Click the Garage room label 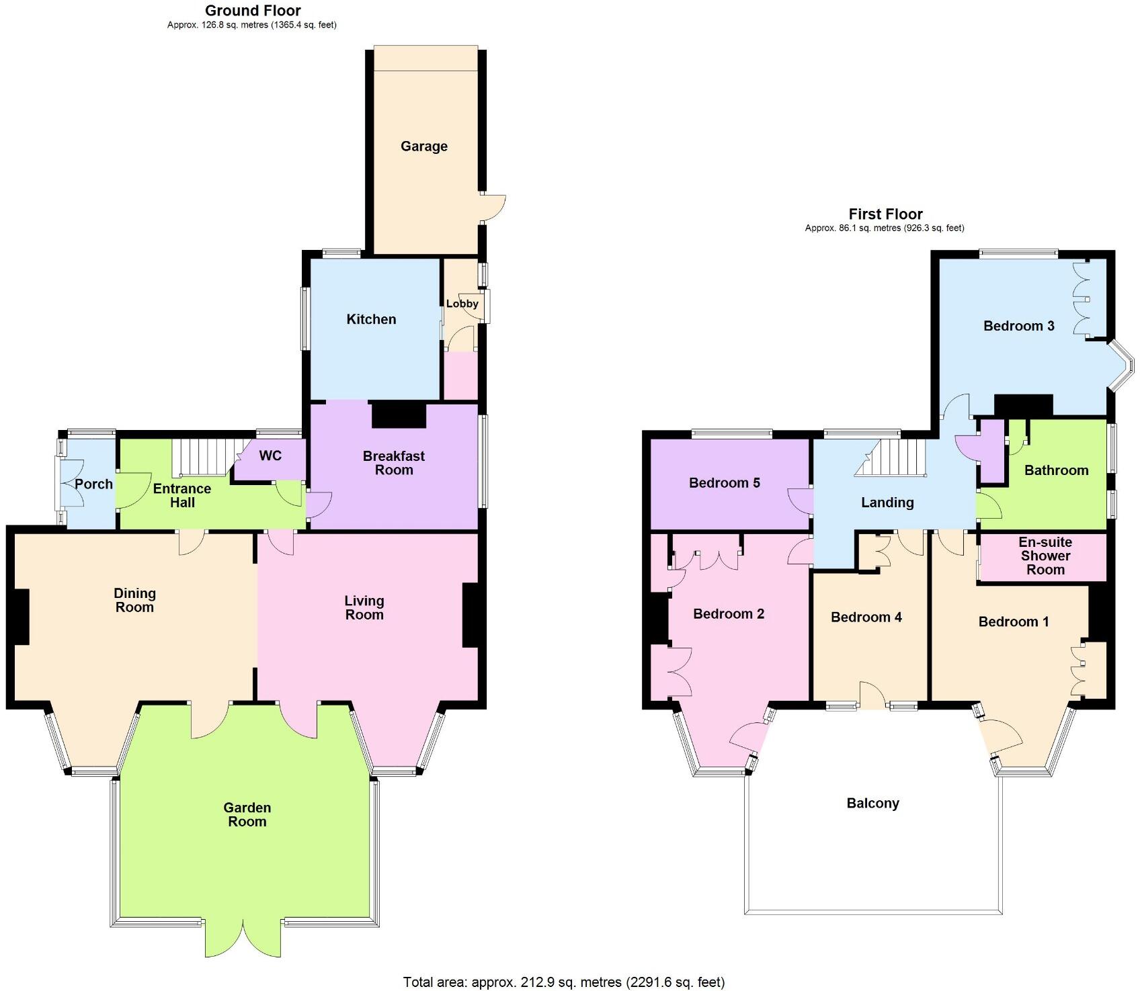[423, 146]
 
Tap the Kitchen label [371, 319]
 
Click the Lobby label [462, 304]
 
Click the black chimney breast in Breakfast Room [399, 415]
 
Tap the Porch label [93, 484]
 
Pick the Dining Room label [134, 600]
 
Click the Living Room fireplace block [471, 615]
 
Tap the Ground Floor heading [253, 11]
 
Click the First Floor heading [885, 214]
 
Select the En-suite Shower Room [1045, 556]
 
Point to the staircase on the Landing [891, 458]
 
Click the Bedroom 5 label [724, 483]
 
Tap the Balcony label [872, 804]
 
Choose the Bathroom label [1056, 470]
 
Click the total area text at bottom [563, 982]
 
